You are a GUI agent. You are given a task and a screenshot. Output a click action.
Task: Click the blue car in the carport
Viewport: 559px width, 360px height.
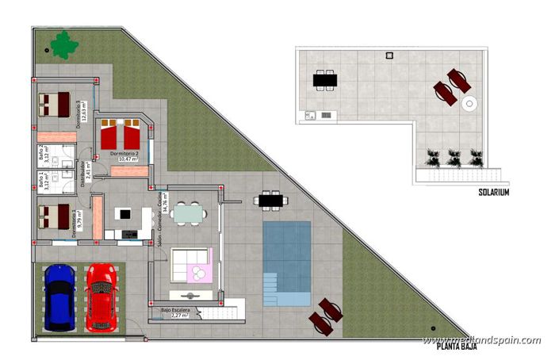coord(59,297)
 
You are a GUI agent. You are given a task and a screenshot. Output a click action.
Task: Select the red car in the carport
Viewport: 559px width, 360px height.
coord(101,297)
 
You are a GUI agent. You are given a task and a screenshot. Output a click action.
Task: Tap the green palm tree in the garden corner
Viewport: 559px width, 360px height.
coord(63,45)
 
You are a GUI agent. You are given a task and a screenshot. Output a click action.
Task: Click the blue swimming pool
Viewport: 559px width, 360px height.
coord(286,262)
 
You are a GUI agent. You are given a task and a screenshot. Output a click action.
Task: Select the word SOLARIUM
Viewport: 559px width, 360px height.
coord(493,192)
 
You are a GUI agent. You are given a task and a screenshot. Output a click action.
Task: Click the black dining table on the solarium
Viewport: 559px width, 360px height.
coord(324,79)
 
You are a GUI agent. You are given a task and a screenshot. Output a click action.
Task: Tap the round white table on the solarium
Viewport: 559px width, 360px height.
coord(469,103)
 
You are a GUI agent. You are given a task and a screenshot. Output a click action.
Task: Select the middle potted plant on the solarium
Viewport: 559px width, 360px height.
coord(454,158)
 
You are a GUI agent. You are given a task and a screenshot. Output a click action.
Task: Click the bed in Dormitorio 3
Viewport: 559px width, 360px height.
coord(54,104)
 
